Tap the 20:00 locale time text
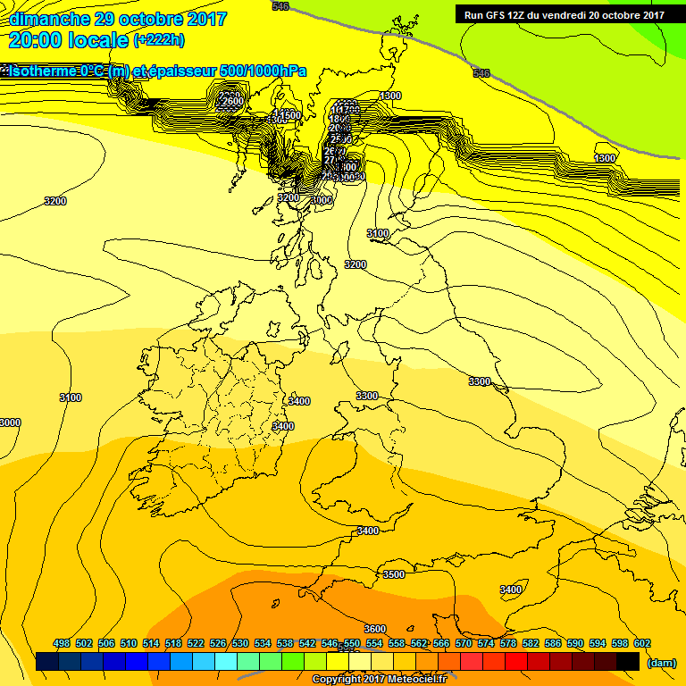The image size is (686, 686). click(x=68, y=40)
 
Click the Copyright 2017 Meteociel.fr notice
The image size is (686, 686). click(x=379, y=679)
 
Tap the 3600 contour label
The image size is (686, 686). click(x=375, y=629)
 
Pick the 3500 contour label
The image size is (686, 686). click(x=393, y=574)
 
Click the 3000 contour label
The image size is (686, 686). click(x=10, y=422)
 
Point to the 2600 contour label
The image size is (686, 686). click(x=230, y=102)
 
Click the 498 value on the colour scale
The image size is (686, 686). click(x=62, y=643)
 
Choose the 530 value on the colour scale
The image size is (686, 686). click(x=240, y=643)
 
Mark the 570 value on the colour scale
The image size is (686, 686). click(x=464, y=643)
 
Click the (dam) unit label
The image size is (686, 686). click(x=661, y=662)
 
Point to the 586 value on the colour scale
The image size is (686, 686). click(x=553, y=643)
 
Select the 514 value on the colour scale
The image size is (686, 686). click(x=151, y=643)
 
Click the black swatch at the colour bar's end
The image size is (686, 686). click(x=628, y=661)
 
